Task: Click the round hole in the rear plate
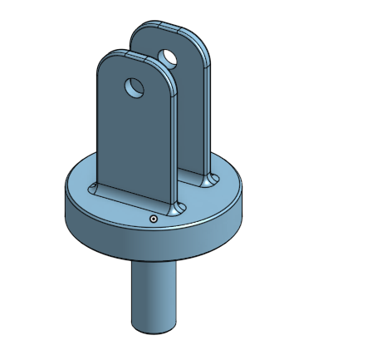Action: point(169,58)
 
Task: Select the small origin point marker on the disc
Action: point(154,218)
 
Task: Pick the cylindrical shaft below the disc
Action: point(153,291)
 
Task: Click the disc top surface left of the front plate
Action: point(80,187)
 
